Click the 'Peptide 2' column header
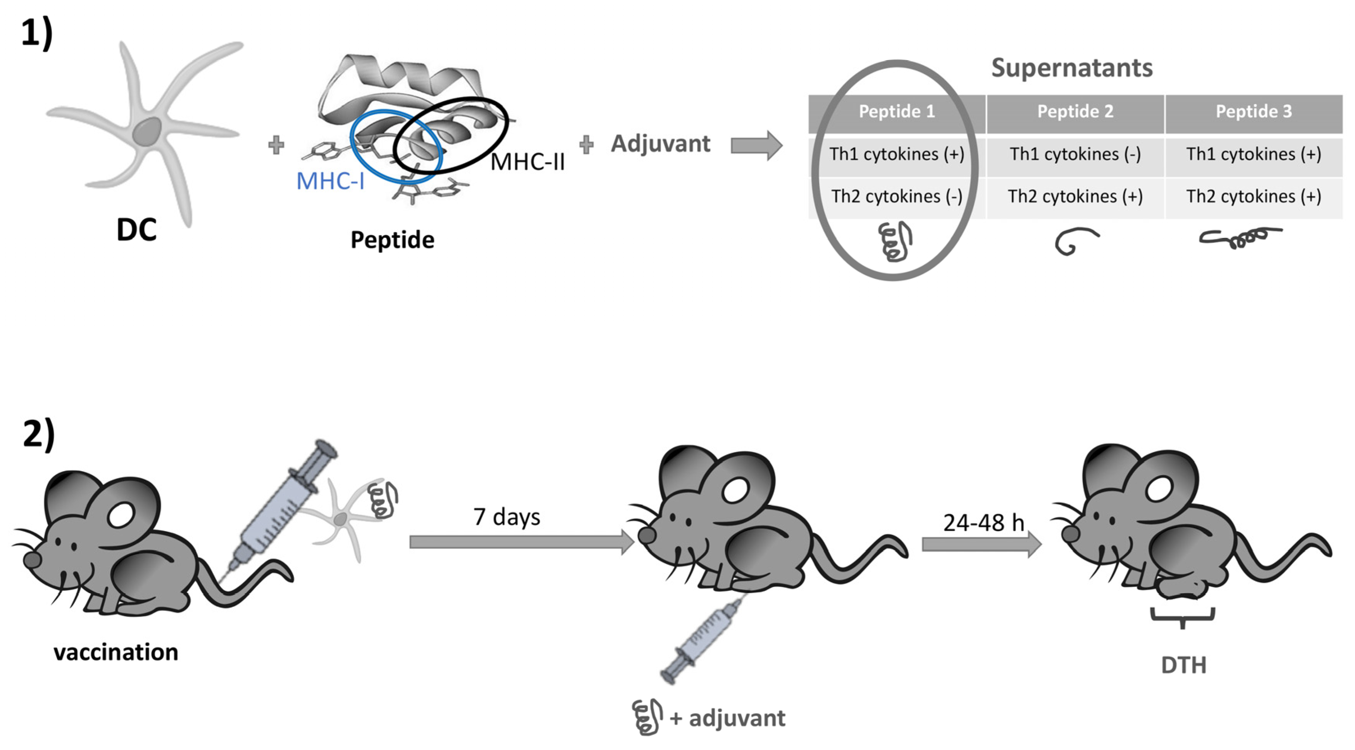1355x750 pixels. pos(1075,111)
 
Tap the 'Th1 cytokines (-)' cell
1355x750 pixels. pos(1075,154)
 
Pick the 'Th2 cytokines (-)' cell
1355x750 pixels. pos(896,196)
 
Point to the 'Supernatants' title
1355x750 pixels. pos(1072,68)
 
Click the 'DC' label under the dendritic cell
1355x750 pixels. pos(136,230)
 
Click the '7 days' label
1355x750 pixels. pos(506,517)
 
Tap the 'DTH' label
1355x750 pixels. pos(1183,665)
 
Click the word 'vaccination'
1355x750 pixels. pos(116,652)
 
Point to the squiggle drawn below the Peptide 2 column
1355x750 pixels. pos(1075,241)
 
